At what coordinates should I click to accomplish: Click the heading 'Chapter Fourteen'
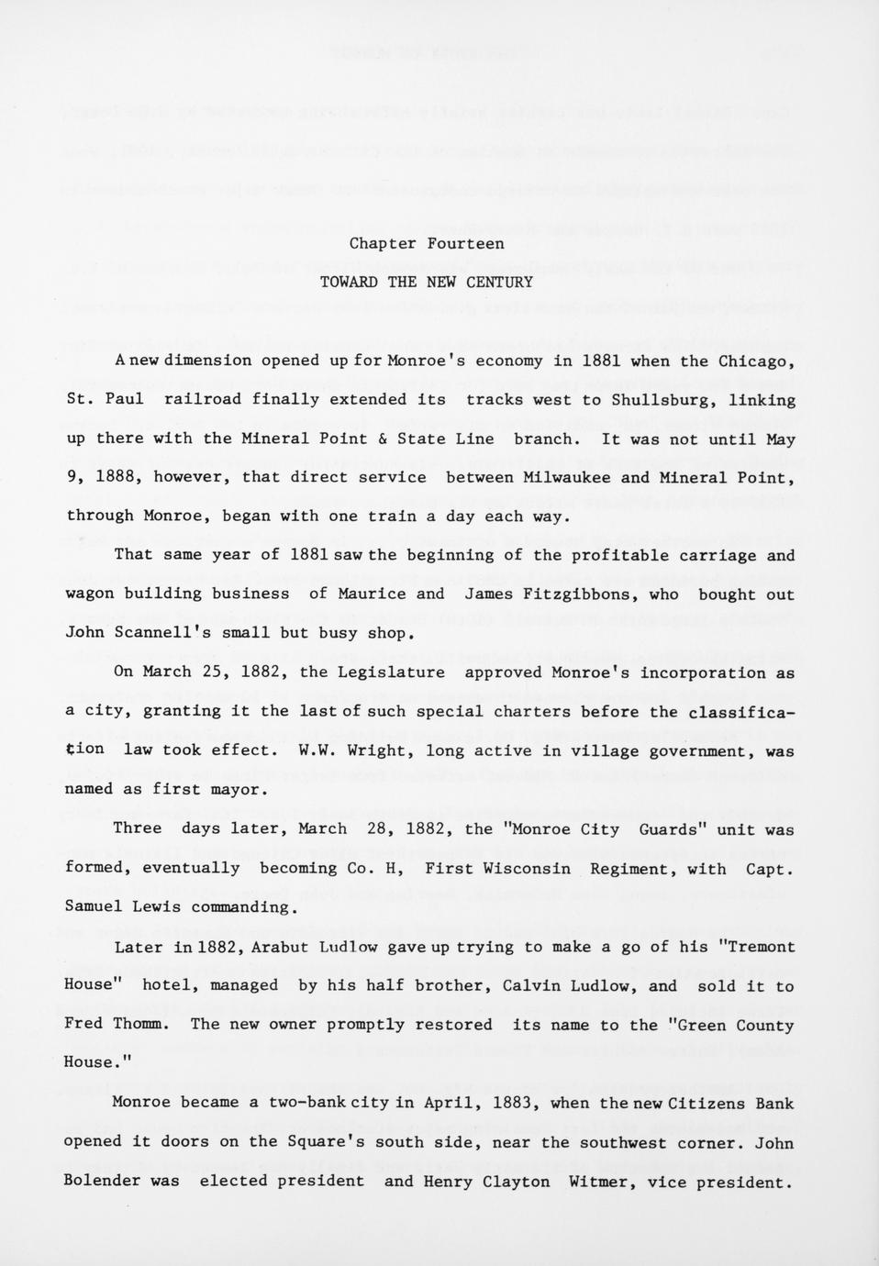426,244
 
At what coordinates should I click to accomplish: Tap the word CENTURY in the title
499,283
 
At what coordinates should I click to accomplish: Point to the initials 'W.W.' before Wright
315,750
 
